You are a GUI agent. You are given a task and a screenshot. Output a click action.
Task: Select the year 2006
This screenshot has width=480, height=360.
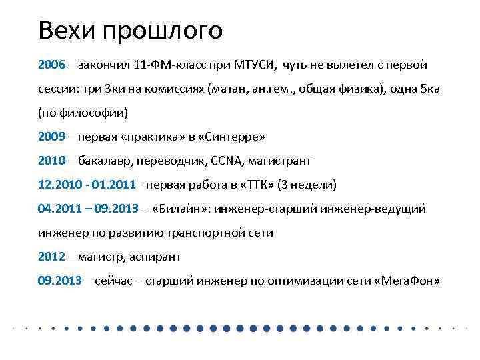[51, 65]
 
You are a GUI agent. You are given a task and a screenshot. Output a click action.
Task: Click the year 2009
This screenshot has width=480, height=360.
[51, 137]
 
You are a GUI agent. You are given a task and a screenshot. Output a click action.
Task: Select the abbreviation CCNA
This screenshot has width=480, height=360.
[228, 161]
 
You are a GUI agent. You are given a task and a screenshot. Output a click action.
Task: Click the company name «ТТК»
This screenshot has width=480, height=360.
[255, 185]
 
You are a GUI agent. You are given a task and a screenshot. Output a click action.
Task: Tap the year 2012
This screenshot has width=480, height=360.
[51, 257]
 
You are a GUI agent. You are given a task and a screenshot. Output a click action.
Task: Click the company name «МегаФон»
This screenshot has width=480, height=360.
[407, 281]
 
